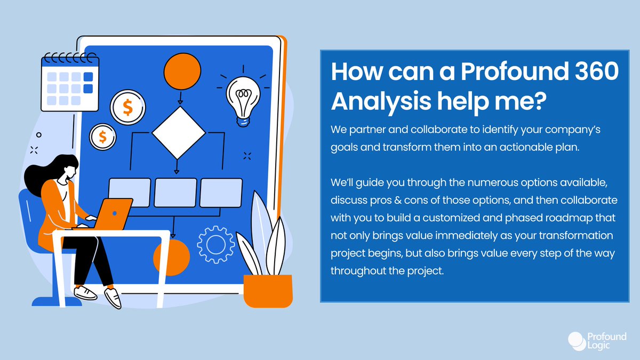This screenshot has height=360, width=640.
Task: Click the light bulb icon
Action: (244, 96)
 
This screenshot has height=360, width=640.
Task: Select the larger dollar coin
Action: (127, 107)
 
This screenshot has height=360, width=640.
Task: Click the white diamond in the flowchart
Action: (178, 134)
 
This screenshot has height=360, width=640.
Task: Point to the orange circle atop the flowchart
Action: (182, 71)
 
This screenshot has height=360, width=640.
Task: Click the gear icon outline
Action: (215, 245)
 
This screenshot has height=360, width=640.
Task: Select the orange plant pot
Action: (268, 290)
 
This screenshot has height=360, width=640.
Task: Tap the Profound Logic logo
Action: (591, 340)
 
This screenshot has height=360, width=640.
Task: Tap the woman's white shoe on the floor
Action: (113, 298)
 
